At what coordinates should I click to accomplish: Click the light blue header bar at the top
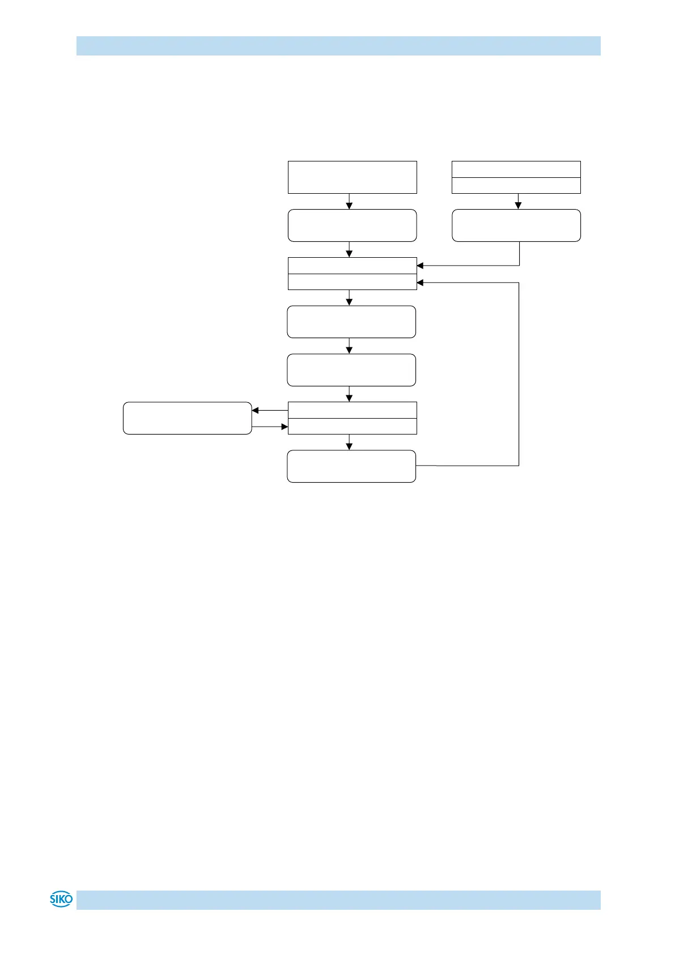coord(338,46)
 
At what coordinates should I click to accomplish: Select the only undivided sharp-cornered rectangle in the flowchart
coord(352,177)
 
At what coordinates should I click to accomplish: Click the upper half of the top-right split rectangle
coord(516,169)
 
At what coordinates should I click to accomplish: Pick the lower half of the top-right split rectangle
coord(516,185)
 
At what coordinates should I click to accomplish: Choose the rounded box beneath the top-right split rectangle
coord(516,225)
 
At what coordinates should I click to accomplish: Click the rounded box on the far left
coord(187,418)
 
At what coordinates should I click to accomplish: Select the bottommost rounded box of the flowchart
coord(351,466)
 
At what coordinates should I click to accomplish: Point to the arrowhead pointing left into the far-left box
coord(255,410)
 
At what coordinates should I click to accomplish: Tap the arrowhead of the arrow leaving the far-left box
coord(285,427)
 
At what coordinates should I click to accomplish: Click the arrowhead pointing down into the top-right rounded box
coord(518,206)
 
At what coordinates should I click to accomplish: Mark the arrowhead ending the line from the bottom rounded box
coord(421,282)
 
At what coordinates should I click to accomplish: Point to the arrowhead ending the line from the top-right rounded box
coord(421,265)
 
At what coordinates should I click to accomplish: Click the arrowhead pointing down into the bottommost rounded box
coord(349,446)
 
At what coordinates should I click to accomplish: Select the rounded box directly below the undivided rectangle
coord(352,225)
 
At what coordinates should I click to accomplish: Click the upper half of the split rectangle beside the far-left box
coord(352,410)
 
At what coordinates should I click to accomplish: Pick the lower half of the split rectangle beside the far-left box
coord(352,426)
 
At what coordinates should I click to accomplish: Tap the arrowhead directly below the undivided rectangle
coord(349,206)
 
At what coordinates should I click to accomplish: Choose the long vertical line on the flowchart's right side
coord(519,374)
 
